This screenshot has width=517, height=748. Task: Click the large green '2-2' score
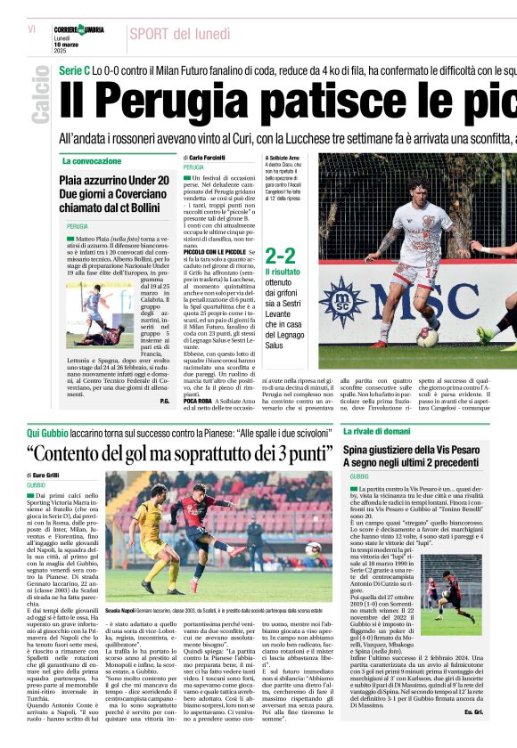pos(280,256)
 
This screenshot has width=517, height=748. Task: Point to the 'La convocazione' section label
pos(92,161)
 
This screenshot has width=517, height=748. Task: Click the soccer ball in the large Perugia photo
pos(427,337)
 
